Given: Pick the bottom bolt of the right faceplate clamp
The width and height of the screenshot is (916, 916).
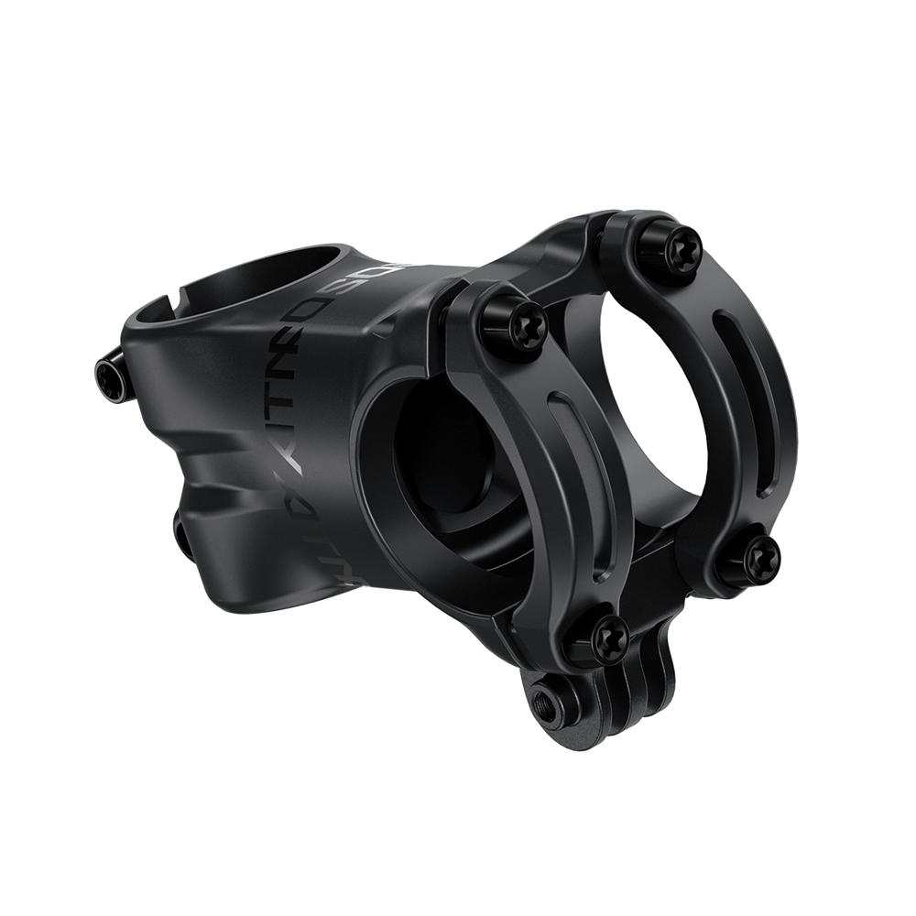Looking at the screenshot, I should (x=758, y=552).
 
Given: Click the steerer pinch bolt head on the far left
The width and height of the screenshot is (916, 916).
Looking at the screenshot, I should (x=107, y=373).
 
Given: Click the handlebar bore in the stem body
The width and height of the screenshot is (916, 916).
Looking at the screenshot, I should (x=440, y=476).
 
